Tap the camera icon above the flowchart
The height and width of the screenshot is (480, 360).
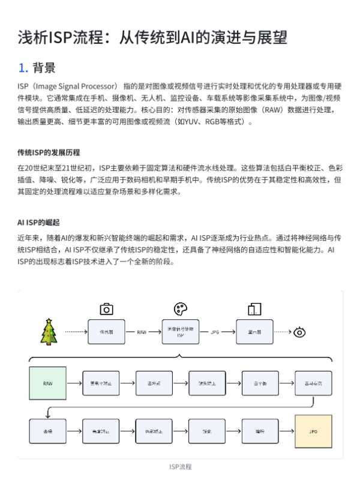point(106,309)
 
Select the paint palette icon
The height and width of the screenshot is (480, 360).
point(180,309)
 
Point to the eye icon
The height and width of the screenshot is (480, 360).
point(300,331)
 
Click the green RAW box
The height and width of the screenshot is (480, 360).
point(47,382)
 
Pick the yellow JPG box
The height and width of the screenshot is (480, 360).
point(313,431)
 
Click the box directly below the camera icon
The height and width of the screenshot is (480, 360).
point(106,331)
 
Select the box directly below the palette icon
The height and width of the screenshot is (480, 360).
point(180,331)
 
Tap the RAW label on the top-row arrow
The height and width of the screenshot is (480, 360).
point(142,332)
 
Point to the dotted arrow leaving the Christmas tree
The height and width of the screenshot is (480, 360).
point(76,331)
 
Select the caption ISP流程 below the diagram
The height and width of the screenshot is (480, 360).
point(180,466)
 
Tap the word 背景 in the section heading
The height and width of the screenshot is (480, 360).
point(44,67)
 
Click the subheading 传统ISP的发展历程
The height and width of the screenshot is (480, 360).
point(49,152)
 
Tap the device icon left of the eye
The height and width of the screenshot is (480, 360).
point(254,309)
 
